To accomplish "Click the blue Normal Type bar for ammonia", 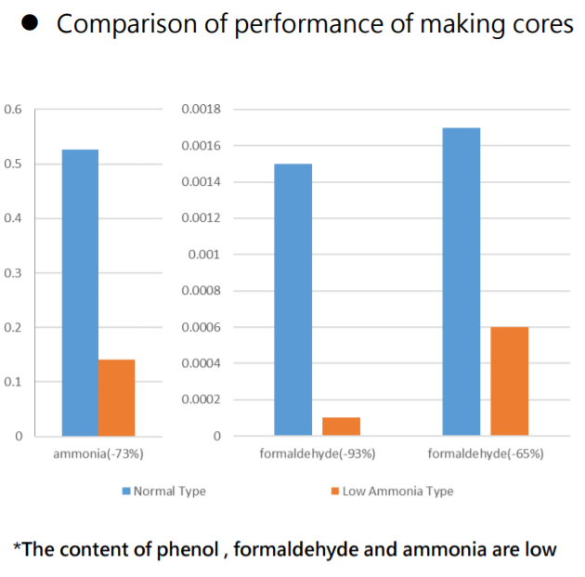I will [80, 293].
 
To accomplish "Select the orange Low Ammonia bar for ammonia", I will [116, 398].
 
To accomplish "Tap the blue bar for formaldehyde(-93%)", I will [292, 299].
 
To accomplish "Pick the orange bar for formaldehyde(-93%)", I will [341, 426].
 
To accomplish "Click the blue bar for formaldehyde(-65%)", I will [461, 282].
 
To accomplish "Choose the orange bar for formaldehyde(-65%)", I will [509, 381].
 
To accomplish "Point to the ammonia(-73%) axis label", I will [98, 454].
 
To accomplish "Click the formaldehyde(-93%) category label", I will [317, 454].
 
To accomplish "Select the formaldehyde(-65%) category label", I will [486, 454].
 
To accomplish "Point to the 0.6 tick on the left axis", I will [13, 110].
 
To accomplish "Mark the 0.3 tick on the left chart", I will [13, 273].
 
